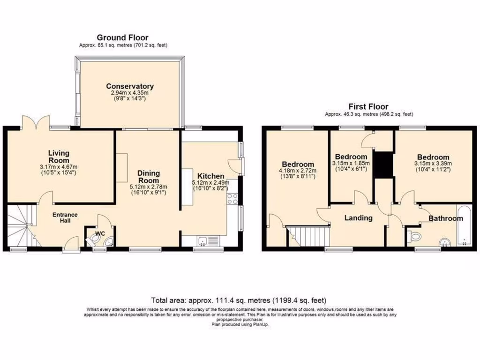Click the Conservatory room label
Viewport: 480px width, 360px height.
[x=130, y=86]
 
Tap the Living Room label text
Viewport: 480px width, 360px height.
[x=59, y=157]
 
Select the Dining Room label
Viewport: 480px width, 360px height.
[x=148, y=177]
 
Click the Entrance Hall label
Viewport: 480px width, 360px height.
[x=65, y=217]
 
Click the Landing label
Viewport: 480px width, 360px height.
[x=358, y=218]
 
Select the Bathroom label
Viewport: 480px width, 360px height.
[x=447, y=218]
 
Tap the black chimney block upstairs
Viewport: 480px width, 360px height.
[x=383, y=165]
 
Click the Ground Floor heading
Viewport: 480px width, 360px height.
[x=122, y=37]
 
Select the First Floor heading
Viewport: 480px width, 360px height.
[x=368, y=107]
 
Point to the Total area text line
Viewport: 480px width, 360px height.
[x=239, y=300]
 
